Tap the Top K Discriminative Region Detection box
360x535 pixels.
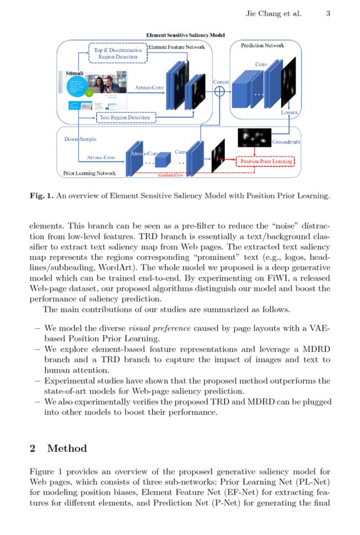tap(118, 53)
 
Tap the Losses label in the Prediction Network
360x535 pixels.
tap(289, 113)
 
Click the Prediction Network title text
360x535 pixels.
tap(262, 45)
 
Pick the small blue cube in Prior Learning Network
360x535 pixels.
tap(163, 161)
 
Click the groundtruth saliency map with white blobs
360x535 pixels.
tap(254, 137)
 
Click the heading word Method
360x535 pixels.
tap(67, 449)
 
